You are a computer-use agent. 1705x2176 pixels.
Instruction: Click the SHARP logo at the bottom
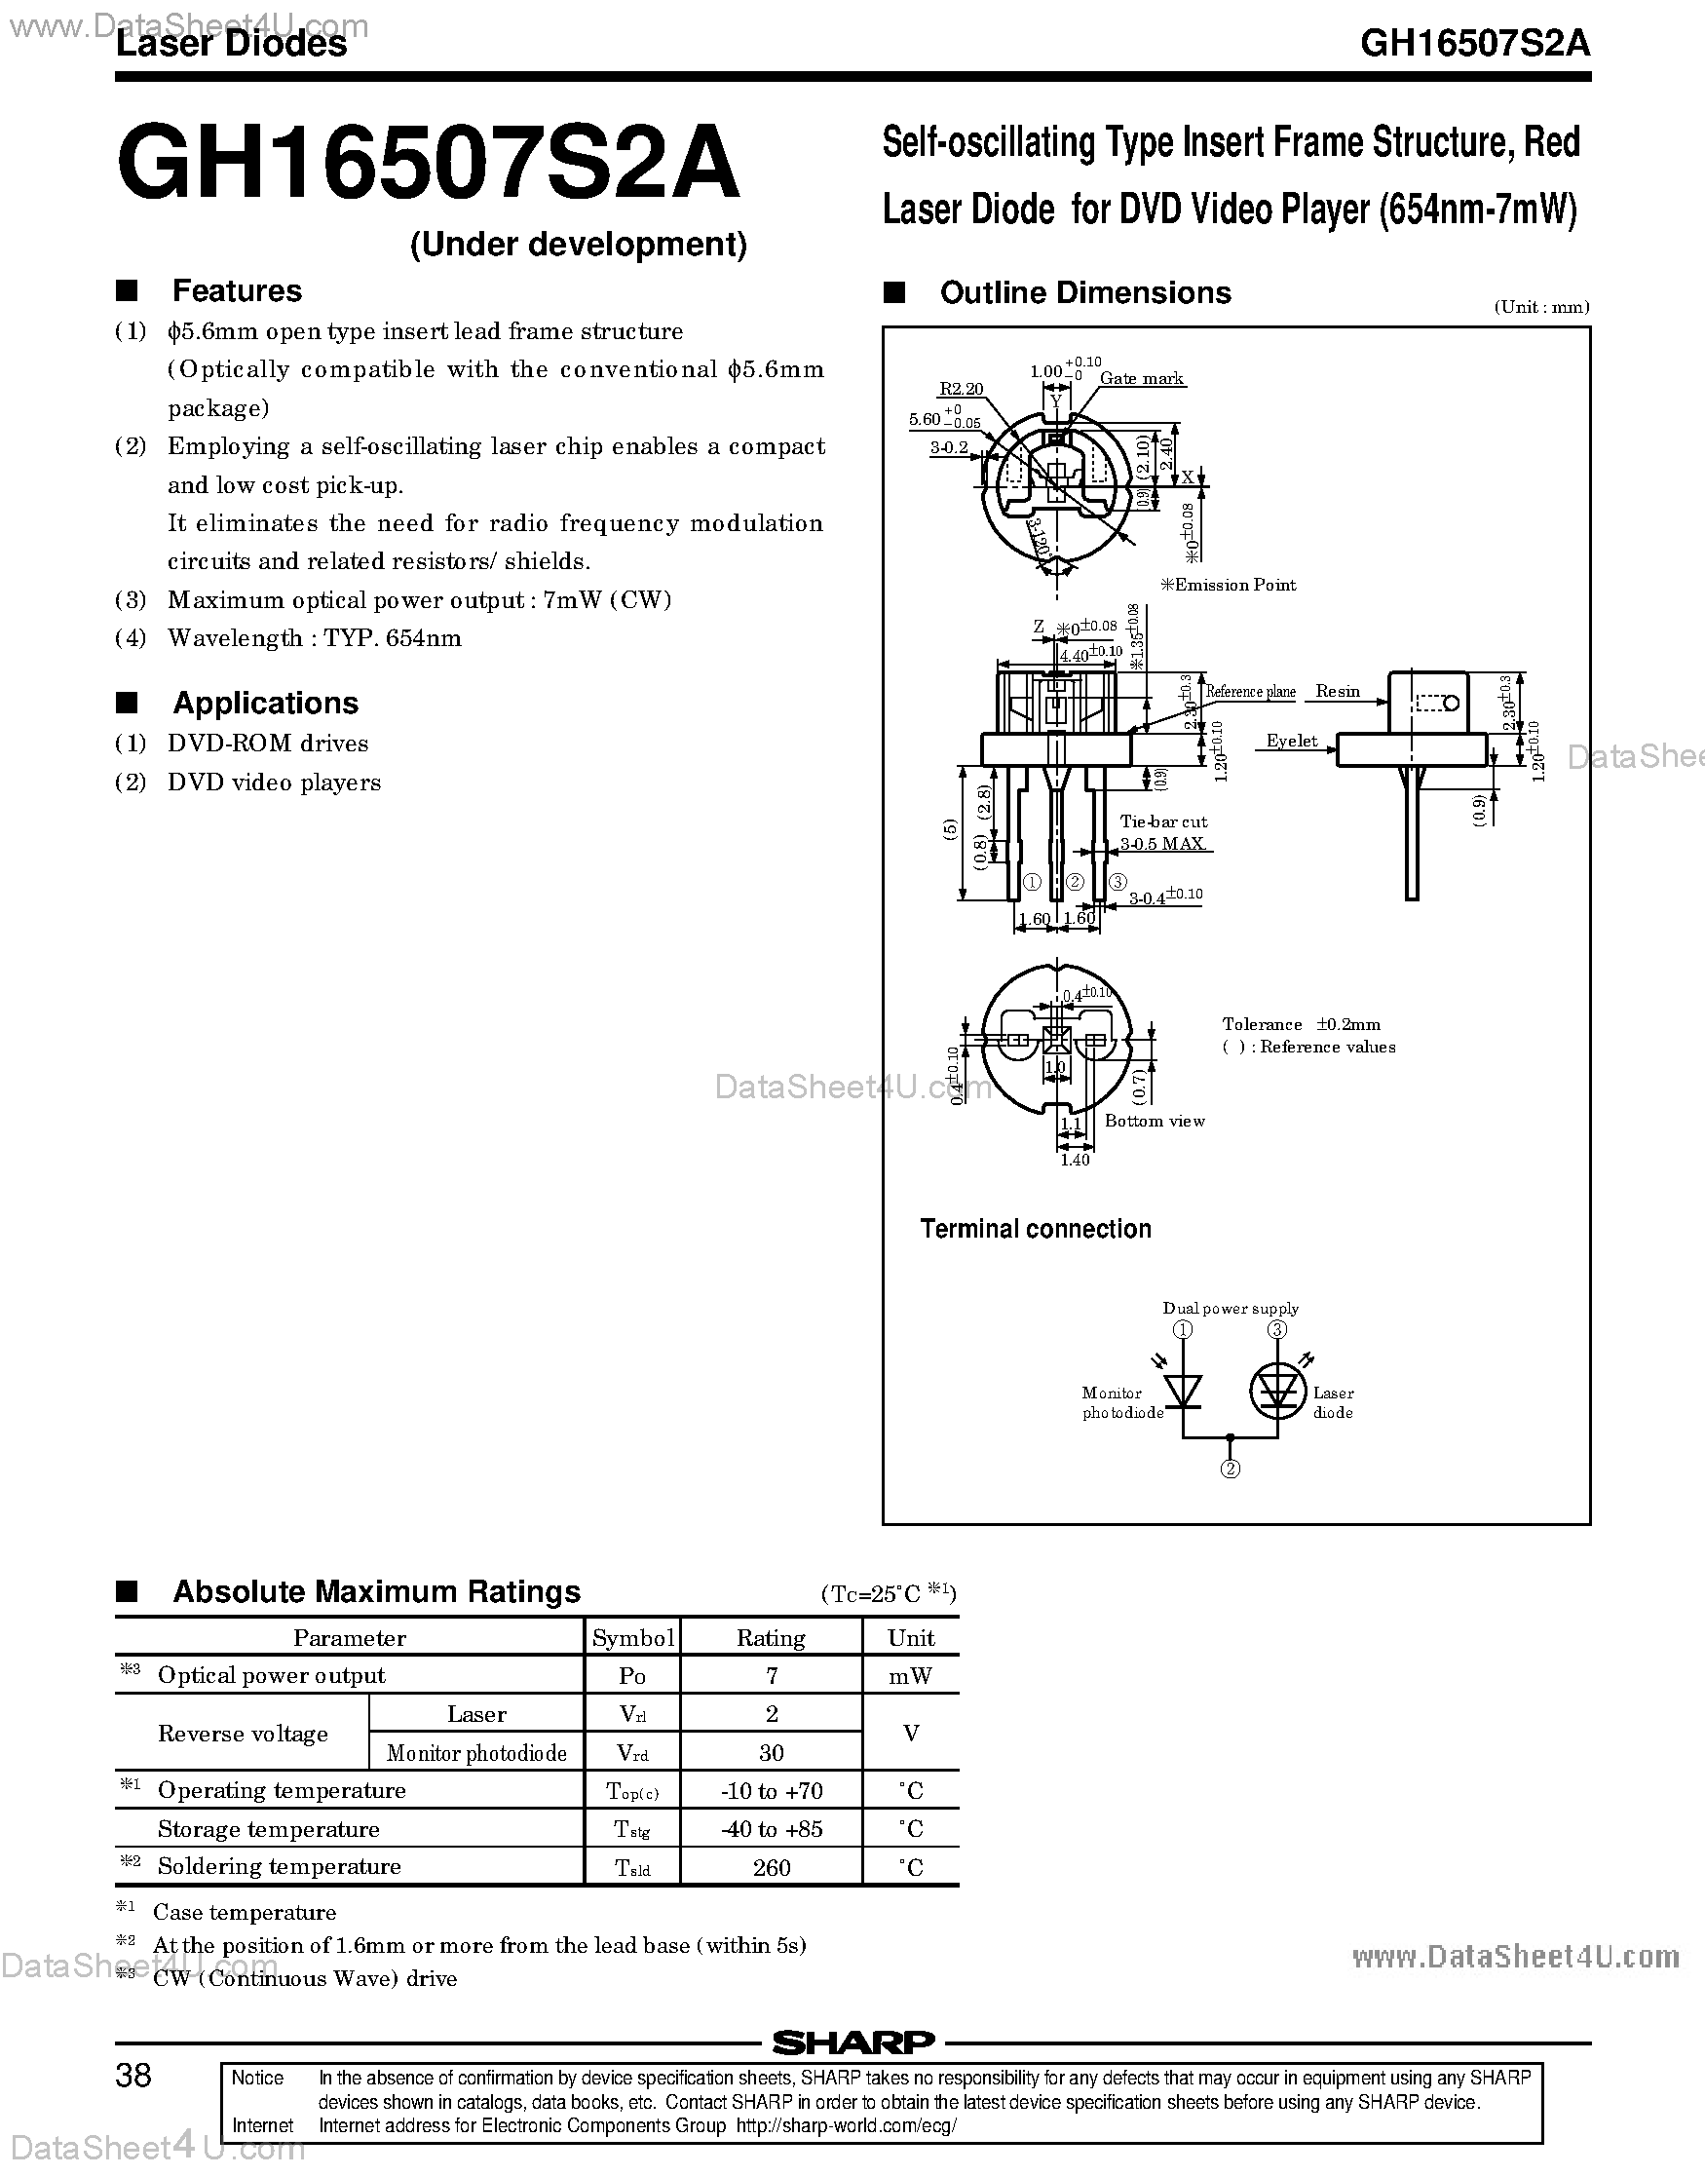click(x=852, y=2043)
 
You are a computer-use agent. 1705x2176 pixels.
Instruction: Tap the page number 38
click(x=133, y=2076)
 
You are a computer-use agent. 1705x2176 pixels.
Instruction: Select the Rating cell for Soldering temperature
click(x=771, y=1867)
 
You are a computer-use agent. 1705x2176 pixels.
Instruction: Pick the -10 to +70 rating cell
click(x=771, y=1791)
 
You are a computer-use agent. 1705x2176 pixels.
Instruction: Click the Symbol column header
click(x=632, y=1638)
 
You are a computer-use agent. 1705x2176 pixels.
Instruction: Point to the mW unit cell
click(x=910, y=1676)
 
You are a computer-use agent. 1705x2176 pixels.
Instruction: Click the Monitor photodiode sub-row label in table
click(x=476, y=1753)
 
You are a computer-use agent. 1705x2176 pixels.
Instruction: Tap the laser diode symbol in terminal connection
click(x=1277, y=1391)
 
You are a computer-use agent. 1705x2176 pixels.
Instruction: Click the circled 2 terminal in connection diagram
click(x=1231, y=1469)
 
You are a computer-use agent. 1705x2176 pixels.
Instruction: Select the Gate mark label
click(x=1141, y=378)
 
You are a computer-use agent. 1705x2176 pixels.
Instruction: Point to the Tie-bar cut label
click(x=1163, y=821)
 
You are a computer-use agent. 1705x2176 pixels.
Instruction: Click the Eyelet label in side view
click(x=1292, y=741)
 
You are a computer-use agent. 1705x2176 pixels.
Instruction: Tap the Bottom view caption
click(x=1154, y=1121)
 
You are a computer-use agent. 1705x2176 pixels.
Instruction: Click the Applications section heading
click(x=266, y=703)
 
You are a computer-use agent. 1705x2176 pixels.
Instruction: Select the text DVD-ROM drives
click(x=268, y=744)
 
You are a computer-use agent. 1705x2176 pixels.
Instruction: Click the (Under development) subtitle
click(x=578, y=245)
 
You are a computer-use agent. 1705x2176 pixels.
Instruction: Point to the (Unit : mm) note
click(x=1541, y=307)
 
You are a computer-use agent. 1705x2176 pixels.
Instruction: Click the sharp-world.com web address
click(x=847, y=2125)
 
